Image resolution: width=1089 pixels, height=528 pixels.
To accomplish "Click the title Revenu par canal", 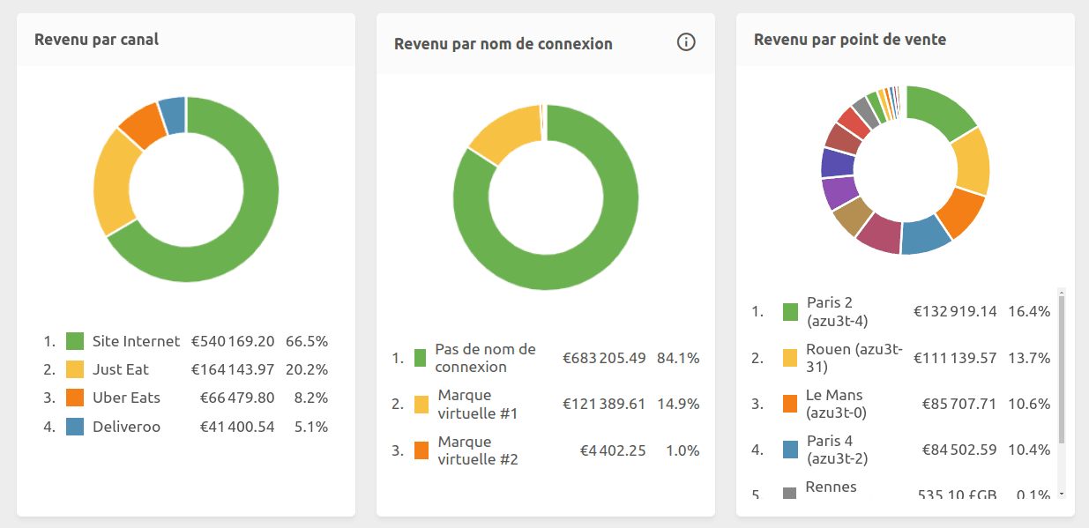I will pos(96,40).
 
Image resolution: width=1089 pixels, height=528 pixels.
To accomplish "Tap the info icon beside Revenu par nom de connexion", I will pos(686,42).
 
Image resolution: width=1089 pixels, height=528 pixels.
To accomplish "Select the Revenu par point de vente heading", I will pos(850,40).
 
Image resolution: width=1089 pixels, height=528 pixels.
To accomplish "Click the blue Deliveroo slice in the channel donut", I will pos(173,115).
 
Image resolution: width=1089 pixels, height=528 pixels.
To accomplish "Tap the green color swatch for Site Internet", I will pos(75,341).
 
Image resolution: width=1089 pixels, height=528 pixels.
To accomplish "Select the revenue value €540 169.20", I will pos(233,341).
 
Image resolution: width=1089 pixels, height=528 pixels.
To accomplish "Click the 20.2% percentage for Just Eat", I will pos(310,369).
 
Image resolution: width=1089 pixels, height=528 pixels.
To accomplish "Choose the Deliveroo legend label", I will pos(126,427).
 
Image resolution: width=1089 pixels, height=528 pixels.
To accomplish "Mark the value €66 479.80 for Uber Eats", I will pos(237,398).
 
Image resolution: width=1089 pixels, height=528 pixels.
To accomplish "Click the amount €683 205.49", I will pos(604,358).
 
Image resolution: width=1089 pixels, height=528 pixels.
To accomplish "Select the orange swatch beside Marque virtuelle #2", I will pos(421,450).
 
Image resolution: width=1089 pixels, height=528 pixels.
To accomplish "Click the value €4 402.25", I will pos(612,450).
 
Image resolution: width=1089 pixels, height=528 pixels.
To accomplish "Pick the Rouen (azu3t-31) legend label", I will pos(854,358).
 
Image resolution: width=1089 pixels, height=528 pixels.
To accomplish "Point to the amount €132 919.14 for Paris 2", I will pos(955,311).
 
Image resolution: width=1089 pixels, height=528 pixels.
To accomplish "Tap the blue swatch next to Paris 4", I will pos(790,450).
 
